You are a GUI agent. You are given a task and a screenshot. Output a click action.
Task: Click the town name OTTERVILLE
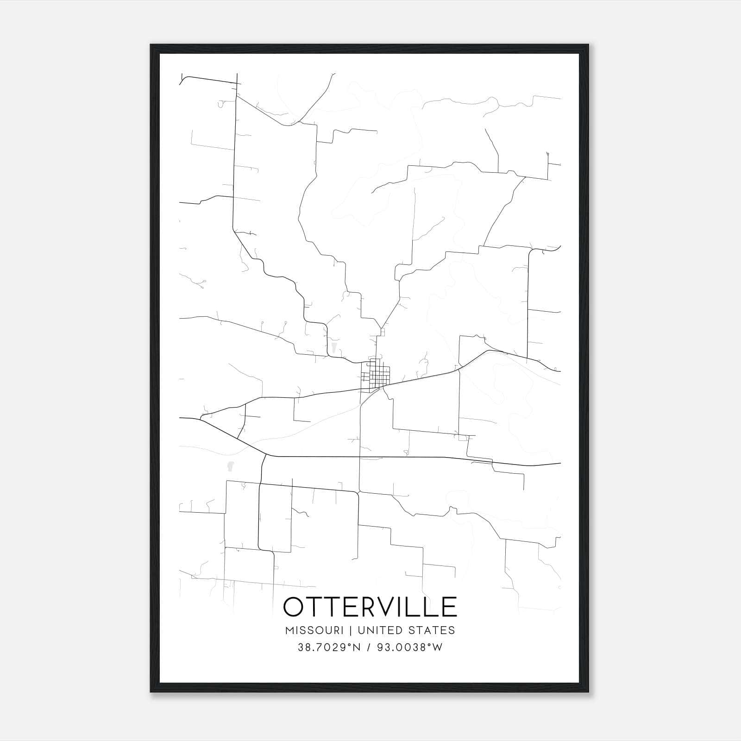point(370,607)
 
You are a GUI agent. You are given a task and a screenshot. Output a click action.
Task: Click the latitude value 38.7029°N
point(328,647)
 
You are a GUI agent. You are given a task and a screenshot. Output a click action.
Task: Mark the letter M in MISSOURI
point(290,630)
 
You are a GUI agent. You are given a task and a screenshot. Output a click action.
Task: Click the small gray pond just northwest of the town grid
point(333,347)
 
